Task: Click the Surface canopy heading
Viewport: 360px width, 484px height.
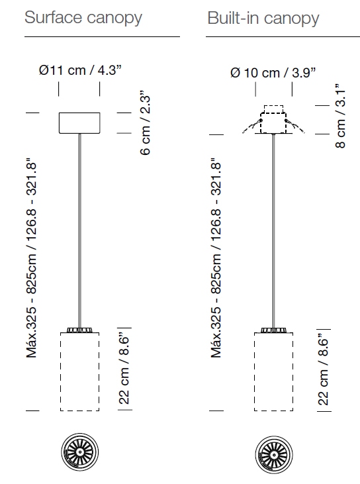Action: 83,18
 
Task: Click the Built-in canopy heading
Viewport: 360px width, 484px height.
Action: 263,19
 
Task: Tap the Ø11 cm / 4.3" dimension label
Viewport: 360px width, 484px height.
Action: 80,70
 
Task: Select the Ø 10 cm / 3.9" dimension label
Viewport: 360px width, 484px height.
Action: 273,73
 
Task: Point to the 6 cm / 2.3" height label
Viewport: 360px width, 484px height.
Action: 145,122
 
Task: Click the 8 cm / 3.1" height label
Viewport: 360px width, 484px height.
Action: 340,116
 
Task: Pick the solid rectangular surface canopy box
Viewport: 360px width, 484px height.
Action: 79,123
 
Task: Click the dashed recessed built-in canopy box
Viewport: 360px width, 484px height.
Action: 273,119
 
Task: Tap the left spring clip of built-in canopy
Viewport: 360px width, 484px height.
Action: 252,126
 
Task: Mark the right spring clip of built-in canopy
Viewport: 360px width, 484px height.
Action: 295,126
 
